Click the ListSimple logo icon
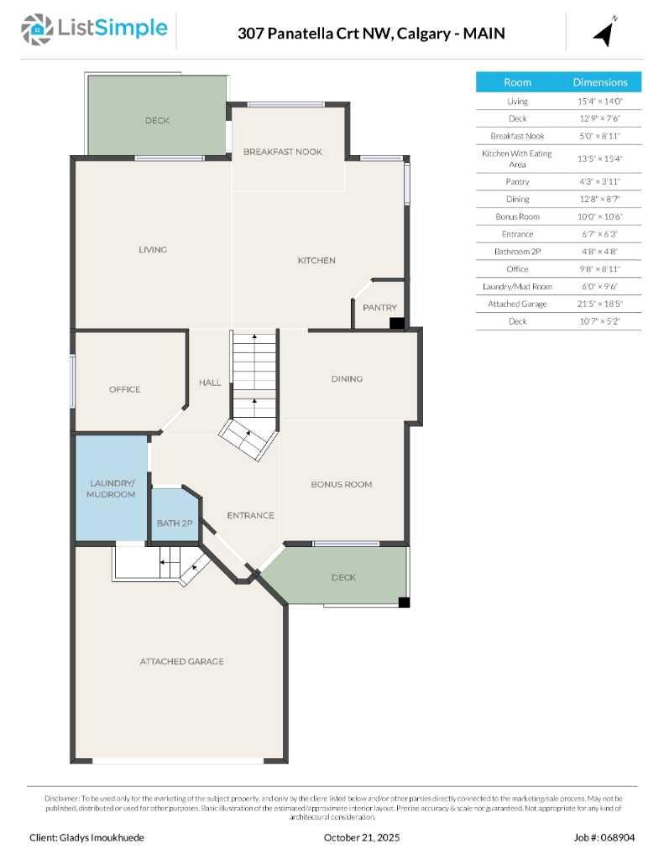pos(36,29)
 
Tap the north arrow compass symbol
pos(605,32)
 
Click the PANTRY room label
pos(379,308)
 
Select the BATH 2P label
pos(175,523)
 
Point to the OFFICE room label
pos(124,389)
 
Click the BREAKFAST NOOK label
pos(283,152)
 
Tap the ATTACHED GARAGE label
pos(181,662)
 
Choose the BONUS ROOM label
pos(341,484)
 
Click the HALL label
pos(210,383)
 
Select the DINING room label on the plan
pos(347,378)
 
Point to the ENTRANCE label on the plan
pos(250,515)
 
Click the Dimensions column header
pos(599,82)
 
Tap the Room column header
pos(517,82)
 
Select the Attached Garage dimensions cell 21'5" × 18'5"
pos(599,304)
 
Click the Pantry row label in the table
pos(517,181)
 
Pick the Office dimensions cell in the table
pos(599,268)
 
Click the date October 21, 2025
pos(362,837)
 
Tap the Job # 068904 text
pos(605,837)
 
